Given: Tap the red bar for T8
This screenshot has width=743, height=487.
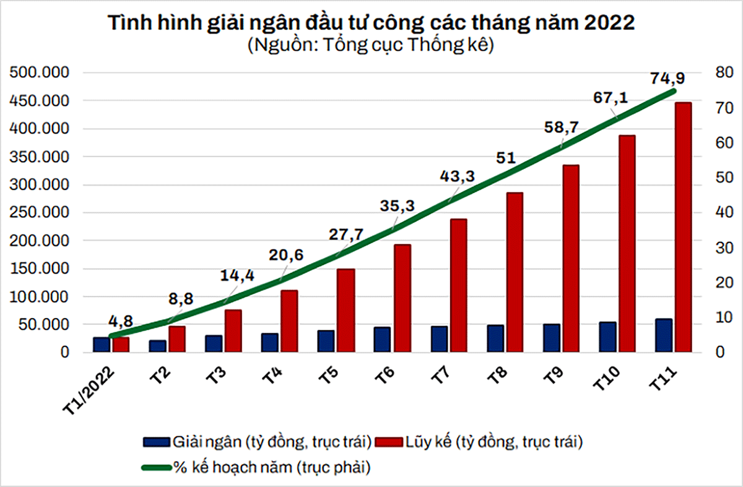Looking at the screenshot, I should (515, 272).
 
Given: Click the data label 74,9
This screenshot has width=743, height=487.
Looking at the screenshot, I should (667, 79).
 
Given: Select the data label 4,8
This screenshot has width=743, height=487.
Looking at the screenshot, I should (121, 322).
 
